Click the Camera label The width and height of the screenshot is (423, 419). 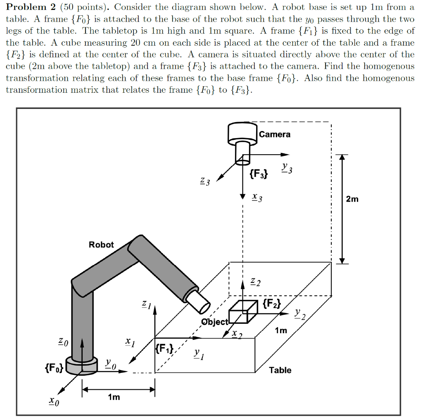tap(275, 134)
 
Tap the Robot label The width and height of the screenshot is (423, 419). tap(101, 245)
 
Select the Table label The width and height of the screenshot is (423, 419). tap(280, 370)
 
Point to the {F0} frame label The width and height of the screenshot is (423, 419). tap(54, 367)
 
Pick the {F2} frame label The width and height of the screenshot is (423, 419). tap(271, 305)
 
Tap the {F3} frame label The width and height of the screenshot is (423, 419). tap(259, 174)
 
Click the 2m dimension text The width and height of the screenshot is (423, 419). tap(352, 200)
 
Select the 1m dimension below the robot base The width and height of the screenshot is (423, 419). tap(114, 397)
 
